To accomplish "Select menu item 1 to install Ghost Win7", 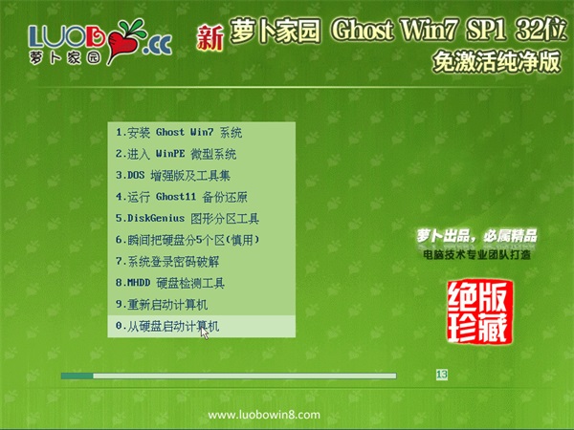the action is click(179, 133).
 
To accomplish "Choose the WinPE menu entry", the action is click(176, 154).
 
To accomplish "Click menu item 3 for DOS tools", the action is click(173, 176).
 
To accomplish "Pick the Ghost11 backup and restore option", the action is click(182, 197).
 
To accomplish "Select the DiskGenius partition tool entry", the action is click(188, 219).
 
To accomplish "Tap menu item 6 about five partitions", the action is click(188, 240).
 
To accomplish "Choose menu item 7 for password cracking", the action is click(167, 262).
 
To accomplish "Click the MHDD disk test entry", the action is click(170, 284).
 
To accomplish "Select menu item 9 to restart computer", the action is click(162, 305).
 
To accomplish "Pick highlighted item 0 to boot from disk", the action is click(167, 326).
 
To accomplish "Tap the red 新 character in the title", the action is click(210, 37).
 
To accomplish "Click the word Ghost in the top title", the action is click(363, 30).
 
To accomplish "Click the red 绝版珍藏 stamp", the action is click(479, 312).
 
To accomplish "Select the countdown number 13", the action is click(442, 375).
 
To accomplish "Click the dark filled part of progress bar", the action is click(77, 376).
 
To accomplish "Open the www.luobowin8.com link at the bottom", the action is click(264, 415).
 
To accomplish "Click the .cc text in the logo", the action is click(158, 45).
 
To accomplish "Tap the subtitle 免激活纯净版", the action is click(497, 61).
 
